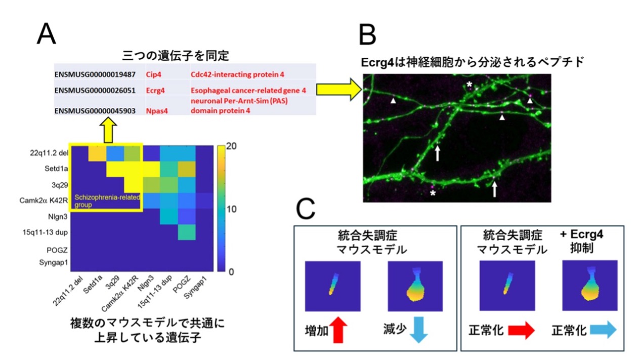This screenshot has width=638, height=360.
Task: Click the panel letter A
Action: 46,34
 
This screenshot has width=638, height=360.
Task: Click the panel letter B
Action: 367,34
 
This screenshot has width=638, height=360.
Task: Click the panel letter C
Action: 305,209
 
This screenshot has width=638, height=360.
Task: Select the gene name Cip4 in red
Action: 153,74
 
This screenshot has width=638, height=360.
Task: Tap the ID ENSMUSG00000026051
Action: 95,91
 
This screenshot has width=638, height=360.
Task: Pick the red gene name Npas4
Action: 157,111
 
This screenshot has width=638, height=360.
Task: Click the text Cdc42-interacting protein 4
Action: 237,74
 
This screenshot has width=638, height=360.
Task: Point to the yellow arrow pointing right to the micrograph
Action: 339,90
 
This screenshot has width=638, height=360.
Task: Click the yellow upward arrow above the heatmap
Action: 108,130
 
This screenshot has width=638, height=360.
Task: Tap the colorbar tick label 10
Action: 232,209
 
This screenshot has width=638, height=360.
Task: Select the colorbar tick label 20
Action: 232,146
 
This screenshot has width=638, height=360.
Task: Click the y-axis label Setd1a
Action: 56,169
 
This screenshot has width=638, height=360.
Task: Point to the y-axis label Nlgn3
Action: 58,217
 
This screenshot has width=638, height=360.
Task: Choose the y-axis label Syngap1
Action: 54,262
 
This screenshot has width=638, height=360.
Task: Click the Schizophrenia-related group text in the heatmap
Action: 107,201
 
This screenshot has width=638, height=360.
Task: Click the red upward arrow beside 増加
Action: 338,330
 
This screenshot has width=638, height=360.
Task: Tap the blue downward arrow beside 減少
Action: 419,330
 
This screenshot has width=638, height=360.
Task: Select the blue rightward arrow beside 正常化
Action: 603,330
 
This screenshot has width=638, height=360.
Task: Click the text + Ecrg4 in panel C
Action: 581,234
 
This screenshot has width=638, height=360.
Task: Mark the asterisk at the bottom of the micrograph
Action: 433,194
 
